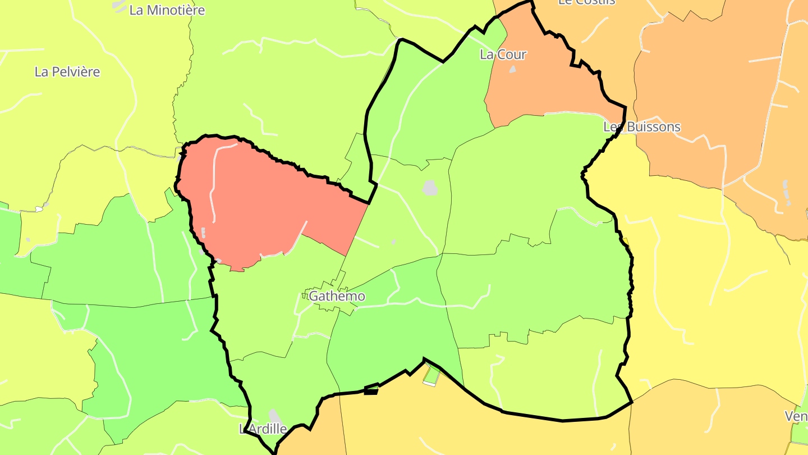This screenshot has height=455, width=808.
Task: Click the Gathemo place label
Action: [x=337, y=296]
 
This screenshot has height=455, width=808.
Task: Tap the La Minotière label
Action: [x=167, y=10]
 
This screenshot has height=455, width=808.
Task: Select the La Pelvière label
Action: [x=67, y=72]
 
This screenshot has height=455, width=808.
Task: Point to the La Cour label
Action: [x=503, y=54]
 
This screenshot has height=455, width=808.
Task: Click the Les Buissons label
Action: [x=642, y=127]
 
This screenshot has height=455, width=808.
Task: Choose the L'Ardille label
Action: [x=263, y=429]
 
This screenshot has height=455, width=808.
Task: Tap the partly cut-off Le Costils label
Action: [x=586, y=2]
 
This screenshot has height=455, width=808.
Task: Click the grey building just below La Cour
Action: [x=512, y=69]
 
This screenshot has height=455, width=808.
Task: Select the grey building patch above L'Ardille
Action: [x=274, y=416]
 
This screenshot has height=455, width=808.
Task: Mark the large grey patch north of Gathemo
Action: [x=430, y=188]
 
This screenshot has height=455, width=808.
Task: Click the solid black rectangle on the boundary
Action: [x=370, y=392]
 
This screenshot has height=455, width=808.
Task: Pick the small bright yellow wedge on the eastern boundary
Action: [x=626, y=242]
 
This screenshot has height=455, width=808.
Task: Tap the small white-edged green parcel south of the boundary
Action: [x=431, y=375]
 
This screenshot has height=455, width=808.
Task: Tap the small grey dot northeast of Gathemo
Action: [x=393, y=242]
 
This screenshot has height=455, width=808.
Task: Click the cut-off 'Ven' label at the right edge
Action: [x=796, y=416]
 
